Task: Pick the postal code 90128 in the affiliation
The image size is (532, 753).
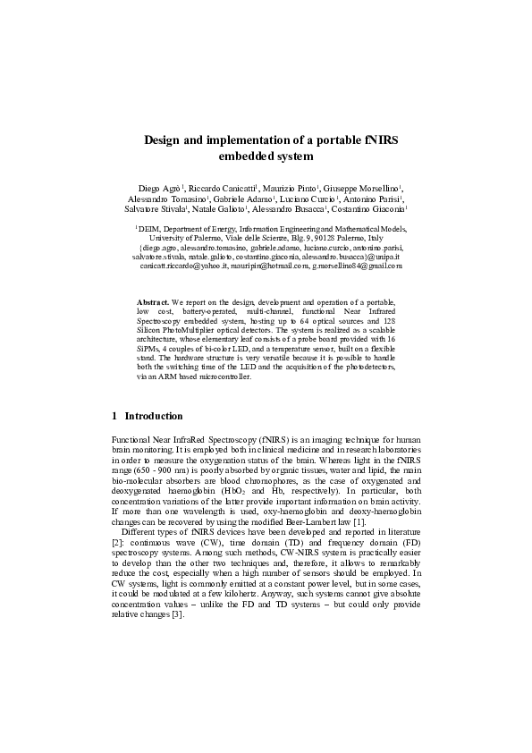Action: [x=320, y=238]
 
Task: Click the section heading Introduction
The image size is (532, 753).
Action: [x=154, y=416]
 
